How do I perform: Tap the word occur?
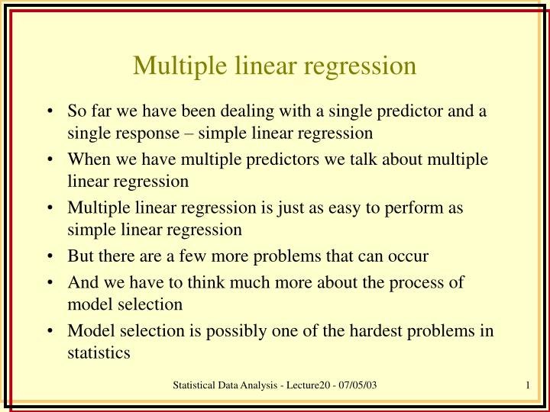click(409, 256)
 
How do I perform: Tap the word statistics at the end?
click(99, 352)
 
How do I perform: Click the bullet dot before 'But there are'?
click(50, 256)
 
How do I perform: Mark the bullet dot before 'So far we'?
click(50, 112)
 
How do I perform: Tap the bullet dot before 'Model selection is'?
click(50, 331)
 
